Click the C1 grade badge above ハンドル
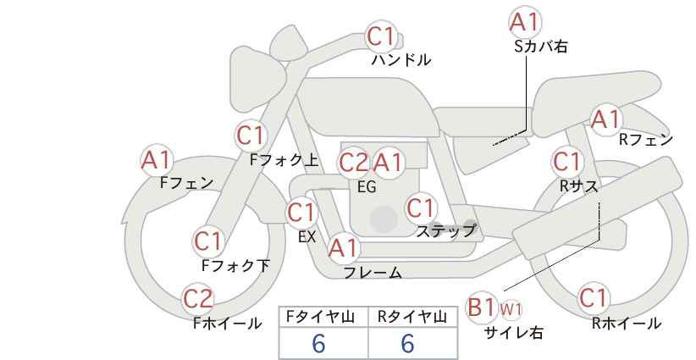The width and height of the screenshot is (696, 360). pos(381,36)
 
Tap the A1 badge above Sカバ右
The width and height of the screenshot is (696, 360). pos(525,22)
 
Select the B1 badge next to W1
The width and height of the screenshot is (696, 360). pos(481,307)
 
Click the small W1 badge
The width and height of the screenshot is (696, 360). pos(511,309)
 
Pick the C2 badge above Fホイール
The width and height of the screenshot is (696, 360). pos(198,299)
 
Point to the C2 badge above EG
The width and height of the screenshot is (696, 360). pos(354,163)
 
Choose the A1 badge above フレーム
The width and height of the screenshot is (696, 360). pos(343,248)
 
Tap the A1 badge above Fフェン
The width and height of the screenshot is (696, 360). pos(156,160)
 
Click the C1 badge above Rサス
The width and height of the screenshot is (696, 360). pos(566,162)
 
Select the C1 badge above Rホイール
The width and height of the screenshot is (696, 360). pos(594,298)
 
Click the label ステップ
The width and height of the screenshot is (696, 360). pos(445,231)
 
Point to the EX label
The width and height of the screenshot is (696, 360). pos(307,237)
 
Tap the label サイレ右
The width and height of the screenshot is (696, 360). pos(514,333)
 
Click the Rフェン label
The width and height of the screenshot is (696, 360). pos(646,140)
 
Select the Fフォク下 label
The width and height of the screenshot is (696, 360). pos(235,265)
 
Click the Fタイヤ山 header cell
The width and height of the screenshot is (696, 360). pos(323,318)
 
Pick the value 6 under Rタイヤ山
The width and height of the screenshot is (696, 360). pos(407,343)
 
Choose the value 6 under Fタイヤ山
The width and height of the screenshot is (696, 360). pos(318,343)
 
